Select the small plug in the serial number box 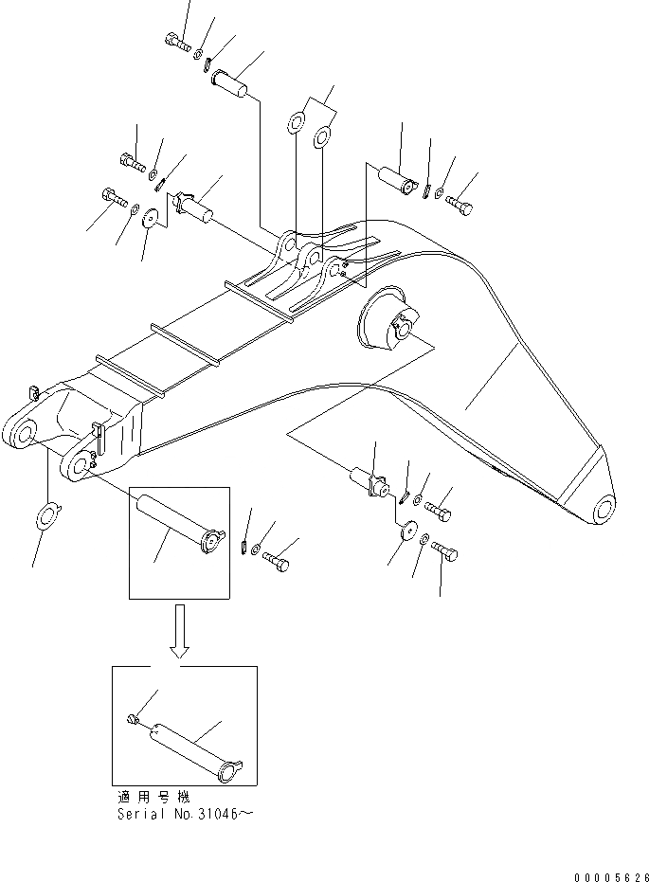click(x=133, y=724)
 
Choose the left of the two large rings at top click(x=297, y=124)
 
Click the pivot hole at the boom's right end click(x=601, y=512)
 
